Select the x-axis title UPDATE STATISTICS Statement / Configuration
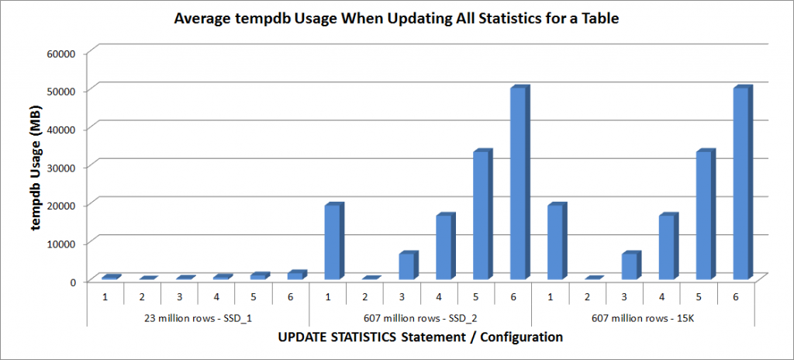point(419,337)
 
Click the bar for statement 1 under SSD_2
point(332,242)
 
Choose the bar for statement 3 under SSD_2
point(406,266)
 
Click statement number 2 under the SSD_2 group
point(365,296)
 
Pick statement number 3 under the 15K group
point(625,296)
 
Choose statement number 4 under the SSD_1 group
point(217,296)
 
